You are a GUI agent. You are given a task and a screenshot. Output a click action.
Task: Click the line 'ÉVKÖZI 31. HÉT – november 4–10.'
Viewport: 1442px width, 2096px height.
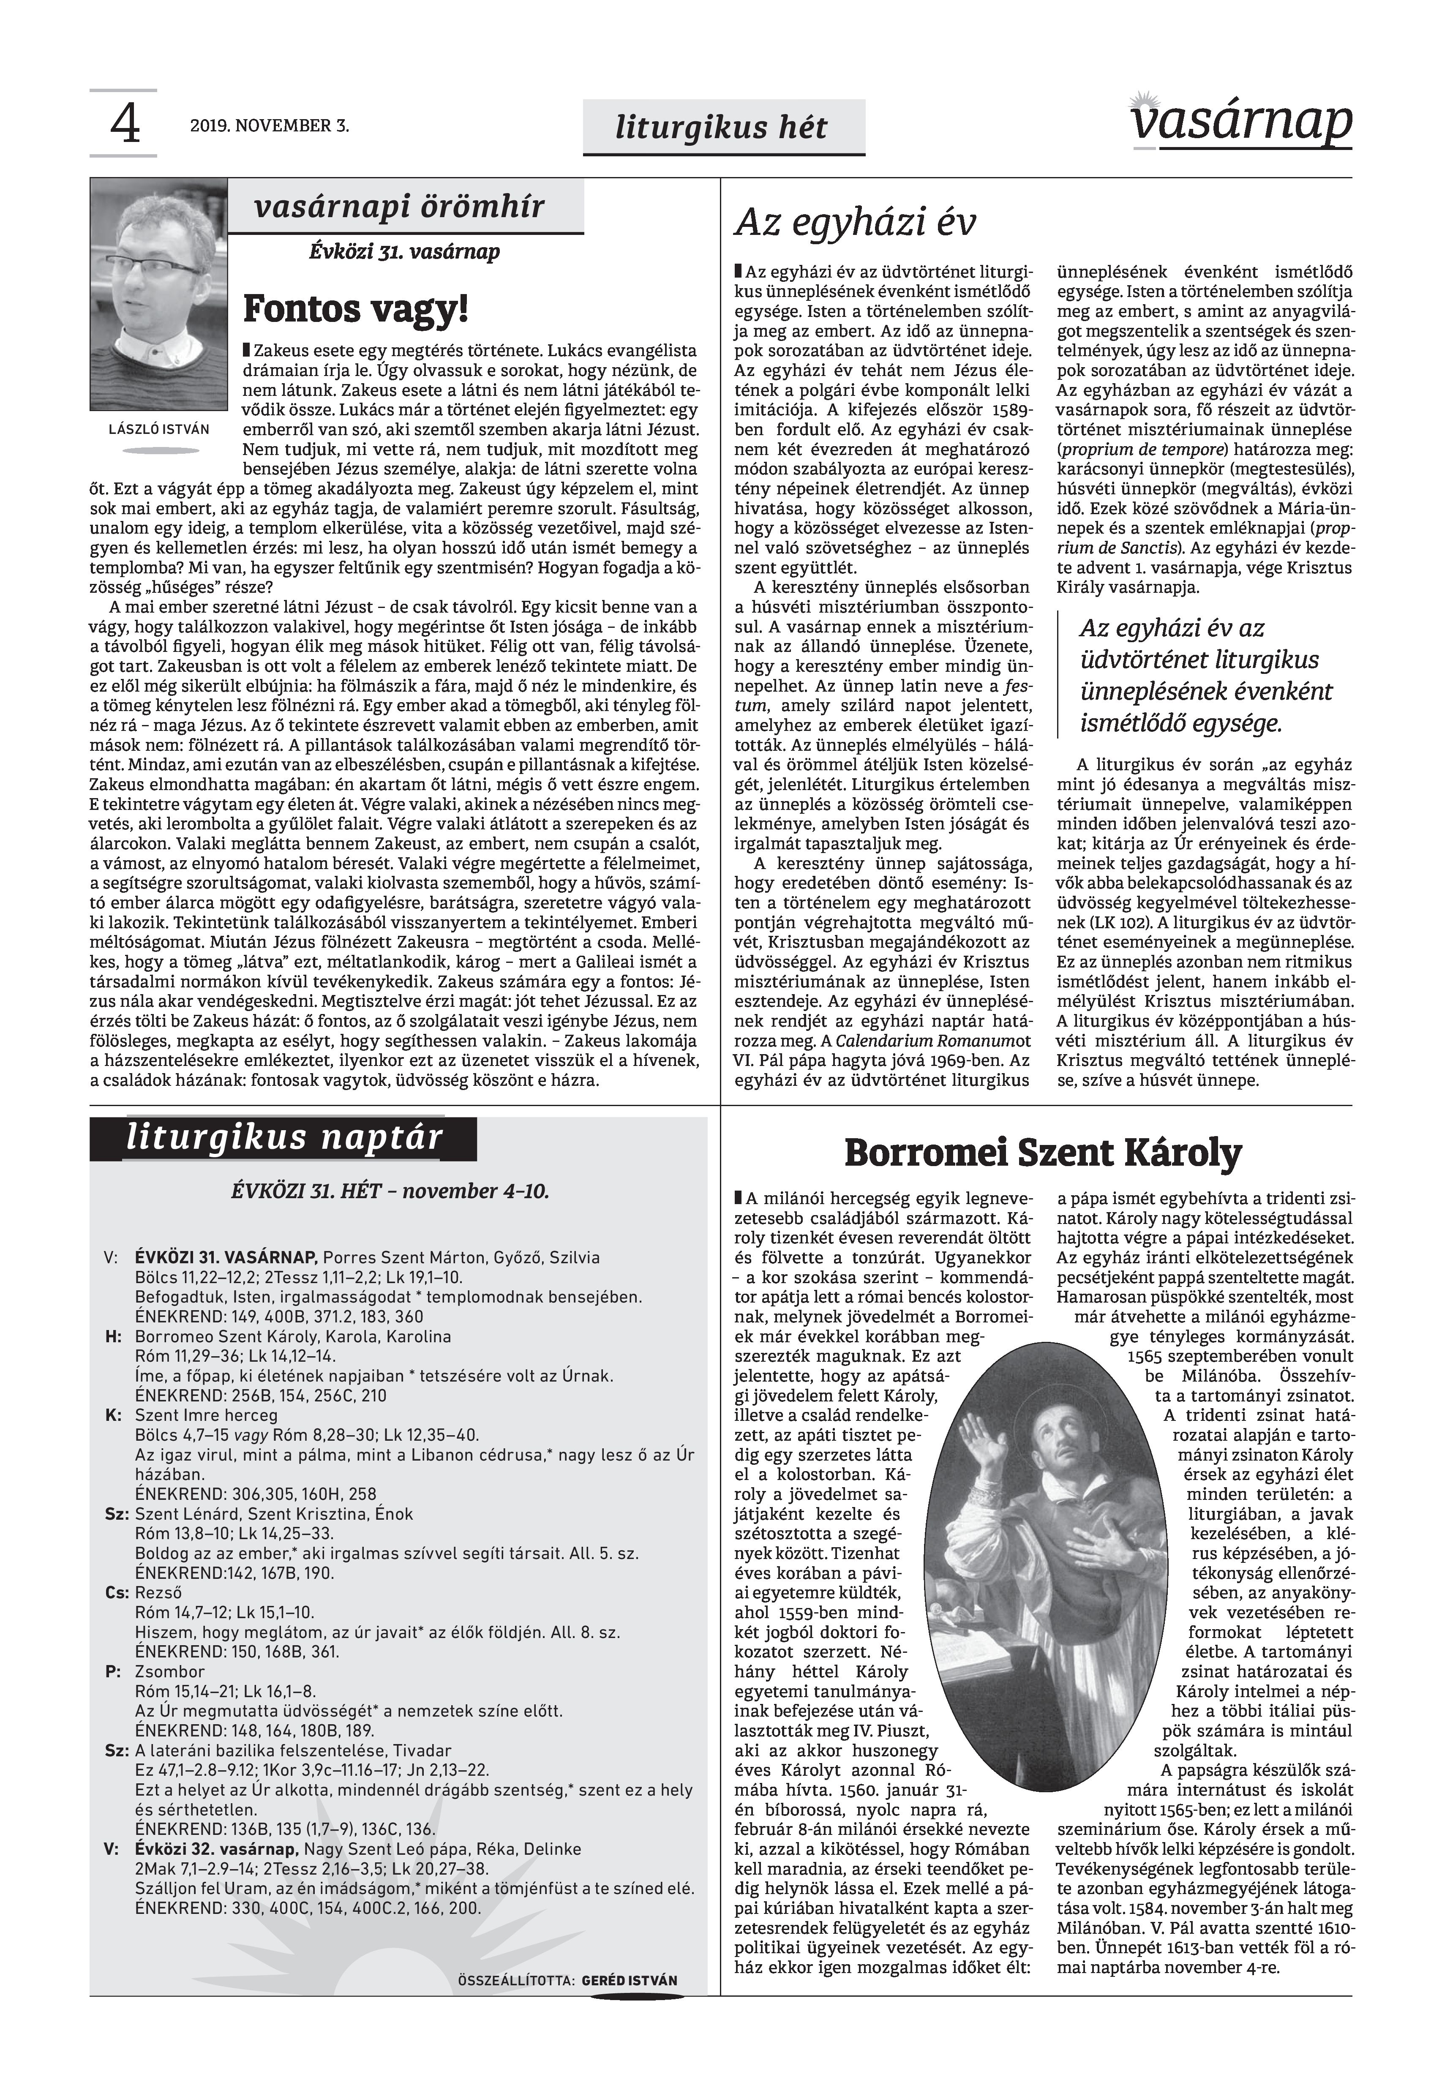390,1191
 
